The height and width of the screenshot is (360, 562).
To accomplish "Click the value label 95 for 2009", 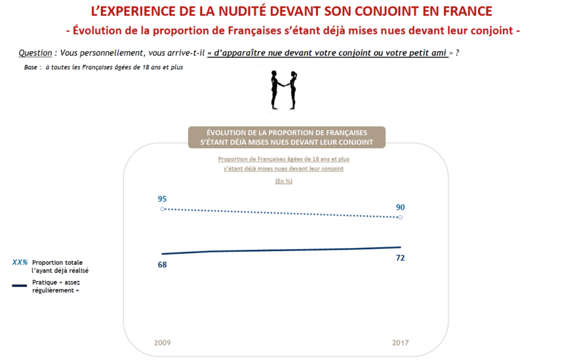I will [162, 199].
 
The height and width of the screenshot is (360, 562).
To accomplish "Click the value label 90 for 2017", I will [400, 207].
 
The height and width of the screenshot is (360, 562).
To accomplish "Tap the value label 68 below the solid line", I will [162, 264].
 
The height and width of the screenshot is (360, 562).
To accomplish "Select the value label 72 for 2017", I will [400, 257].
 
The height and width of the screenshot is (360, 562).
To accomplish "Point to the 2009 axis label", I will [162, 343].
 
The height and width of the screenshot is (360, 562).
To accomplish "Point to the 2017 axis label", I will [400, 343].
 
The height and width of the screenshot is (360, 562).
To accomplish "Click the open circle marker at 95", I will [162, 209].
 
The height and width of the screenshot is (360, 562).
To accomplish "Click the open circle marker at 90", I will [400, 218].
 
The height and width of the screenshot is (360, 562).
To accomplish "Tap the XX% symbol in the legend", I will [21, 262].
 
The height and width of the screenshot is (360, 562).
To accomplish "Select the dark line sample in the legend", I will [20, 286].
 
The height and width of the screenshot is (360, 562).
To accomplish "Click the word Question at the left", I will [35, 53].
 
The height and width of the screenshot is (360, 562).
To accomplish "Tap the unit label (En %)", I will [284, 181].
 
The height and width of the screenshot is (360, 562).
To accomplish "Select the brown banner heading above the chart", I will [287, 137].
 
